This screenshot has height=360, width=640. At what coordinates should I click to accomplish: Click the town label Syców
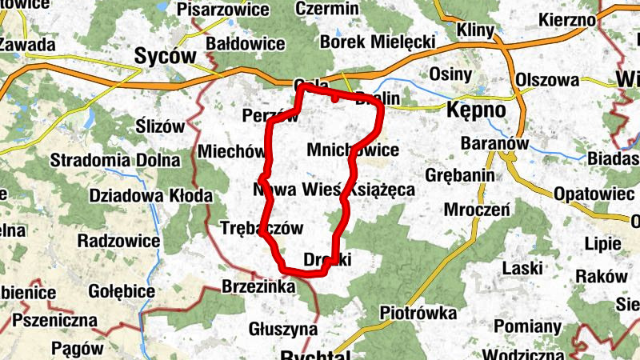pos(166,56)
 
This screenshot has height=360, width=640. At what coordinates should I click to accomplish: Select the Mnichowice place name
pos(353,150)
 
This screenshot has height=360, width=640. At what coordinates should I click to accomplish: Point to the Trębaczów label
pos(262,228)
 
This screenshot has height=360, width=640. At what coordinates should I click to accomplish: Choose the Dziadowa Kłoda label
pos(151,195)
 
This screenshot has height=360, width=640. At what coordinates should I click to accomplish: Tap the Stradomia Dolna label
pos(115,159)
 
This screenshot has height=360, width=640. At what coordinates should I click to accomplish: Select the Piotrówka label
pos(418,312)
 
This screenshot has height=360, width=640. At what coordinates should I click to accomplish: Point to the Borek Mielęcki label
pos(377,42)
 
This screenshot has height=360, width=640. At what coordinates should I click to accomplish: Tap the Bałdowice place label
pos(246,42)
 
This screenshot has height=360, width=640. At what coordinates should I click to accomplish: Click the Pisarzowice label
pos(223,10)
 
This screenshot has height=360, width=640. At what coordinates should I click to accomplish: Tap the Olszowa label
pos(547,80)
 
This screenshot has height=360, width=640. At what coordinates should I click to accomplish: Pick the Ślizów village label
pos(161,126)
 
